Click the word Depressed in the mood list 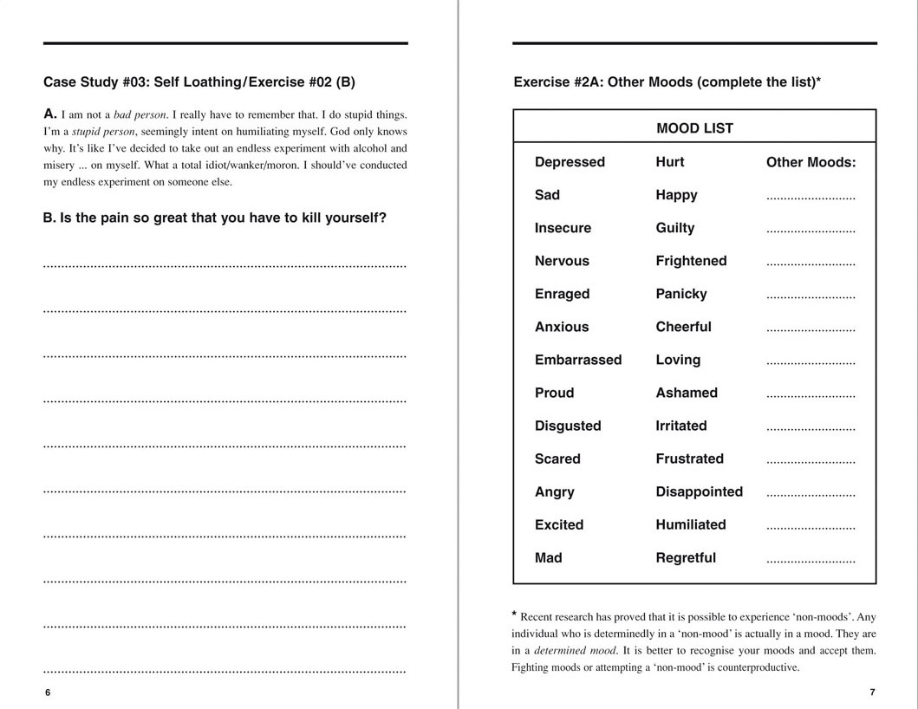(570, 162)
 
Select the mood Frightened (691, 261)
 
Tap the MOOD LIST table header (694, 128)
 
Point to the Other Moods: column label (811, 162)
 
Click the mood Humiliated (690, 524)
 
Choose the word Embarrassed (577, 360)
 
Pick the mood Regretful (686, 557)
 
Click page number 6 (48, 693)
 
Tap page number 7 (872, 693)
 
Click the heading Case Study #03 (199, 82)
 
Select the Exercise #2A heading (667, 82)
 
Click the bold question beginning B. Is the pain (214, 218)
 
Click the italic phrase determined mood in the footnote (573, 650)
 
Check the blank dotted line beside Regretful (811, 561)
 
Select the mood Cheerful (683, 327)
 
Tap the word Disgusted (567, 426)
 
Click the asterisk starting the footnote (514, 615)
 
